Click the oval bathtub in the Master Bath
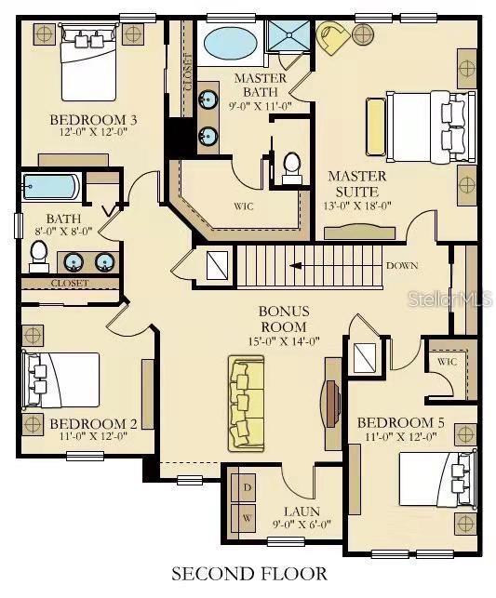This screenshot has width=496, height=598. tap(230, 45)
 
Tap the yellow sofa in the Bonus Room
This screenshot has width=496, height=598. tap(246, 404)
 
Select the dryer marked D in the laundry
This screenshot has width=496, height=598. tap(248, 487)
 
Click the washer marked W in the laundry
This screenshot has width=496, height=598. tap(248, 518)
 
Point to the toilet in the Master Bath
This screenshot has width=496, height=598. tap(292, 168)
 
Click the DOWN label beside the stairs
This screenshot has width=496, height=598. tap(402, 265)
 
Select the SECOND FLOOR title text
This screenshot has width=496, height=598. tap(249, 573)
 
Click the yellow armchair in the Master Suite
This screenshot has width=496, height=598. tap(333, 36)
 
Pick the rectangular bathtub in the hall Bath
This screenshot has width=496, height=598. tap(52, 187)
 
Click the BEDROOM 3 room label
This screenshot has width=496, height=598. tap(93, 120)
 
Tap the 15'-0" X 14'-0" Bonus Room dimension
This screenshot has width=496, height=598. tap(284, 341)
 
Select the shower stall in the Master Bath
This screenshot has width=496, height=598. tap(288, 36)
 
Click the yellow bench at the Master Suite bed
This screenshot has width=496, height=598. tap(376, 126)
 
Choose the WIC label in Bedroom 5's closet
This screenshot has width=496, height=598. tap(447, 361)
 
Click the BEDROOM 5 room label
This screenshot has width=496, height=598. tap(400, 422)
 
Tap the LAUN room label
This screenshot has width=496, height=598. tap(302, 512)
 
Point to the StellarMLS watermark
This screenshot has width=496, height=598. tap(450, 299)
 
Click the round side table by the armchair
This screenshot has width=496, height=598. tap(363, 34)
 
